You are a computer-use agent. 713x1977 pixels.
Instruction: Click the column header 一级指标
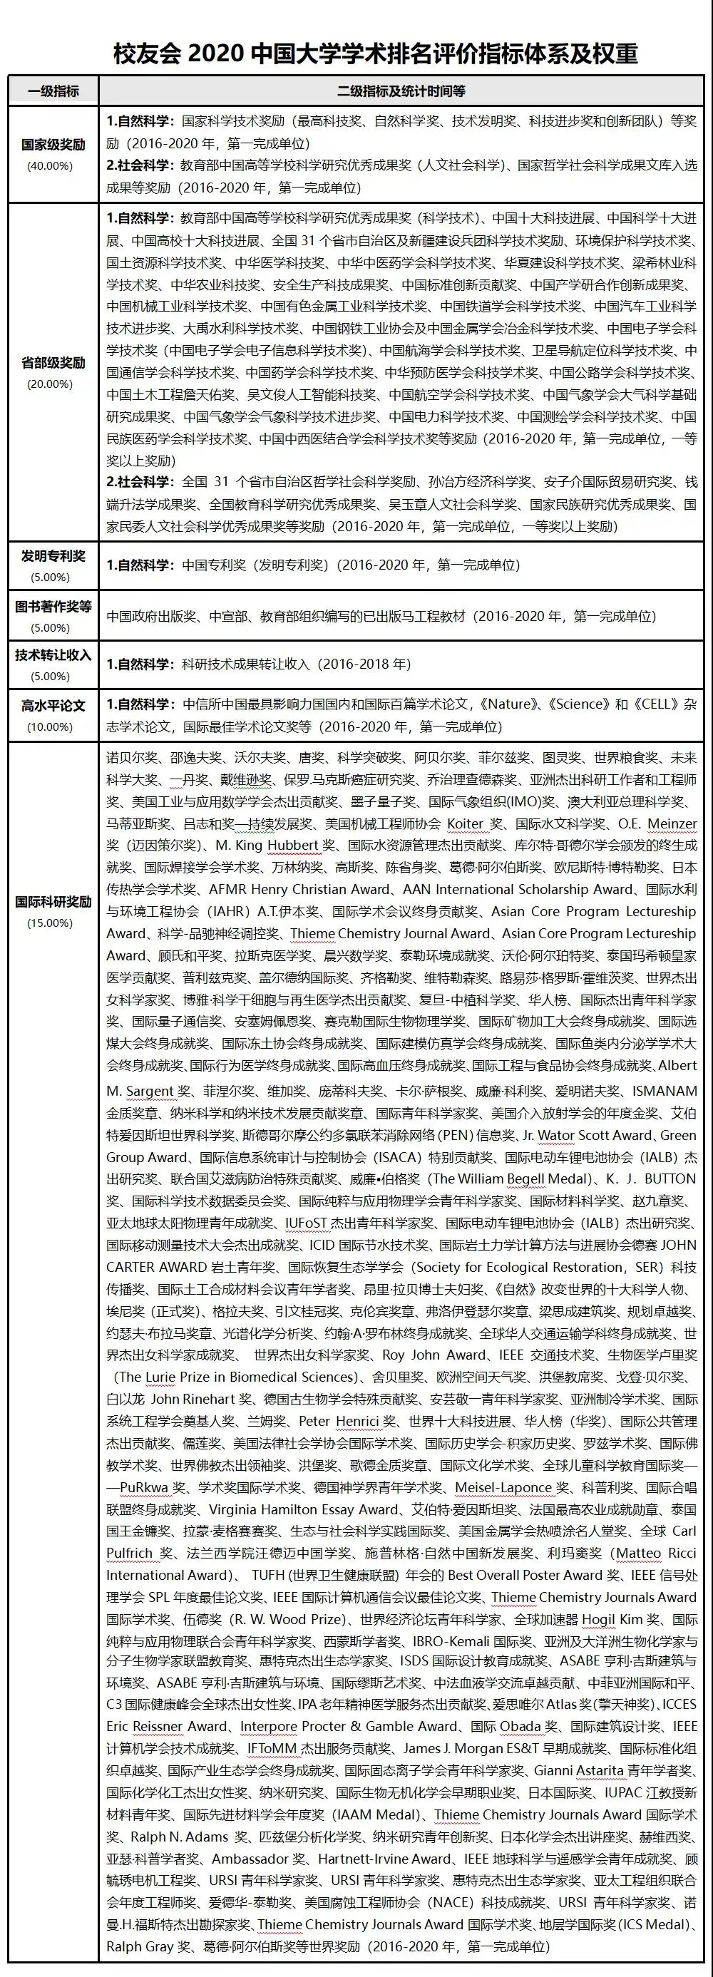[x=53, y=91]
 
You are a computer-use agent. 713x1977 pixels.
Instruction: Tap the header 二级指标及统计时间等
[x=401, y=91]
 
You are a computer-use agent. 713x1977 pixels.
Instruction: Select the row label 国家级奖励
[x=53, y=144]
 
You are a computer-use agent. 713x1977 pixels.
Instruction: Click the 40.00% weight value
[x=51, y=166]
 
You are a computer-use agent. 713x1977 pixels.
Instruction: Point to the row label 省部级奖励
[x=53, y=362]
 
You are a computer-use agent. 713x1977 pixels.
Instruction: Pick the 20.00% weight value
[x=51, y=384]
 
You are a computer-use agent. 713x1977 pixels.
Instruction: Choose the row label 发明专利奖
[x=53, y=556]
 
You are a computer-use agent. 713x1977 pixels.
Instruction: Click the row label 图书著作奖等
[x=53, y=607]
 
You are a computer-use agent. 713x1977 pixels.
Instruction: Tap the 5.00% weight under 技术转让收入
[x=51, y=676]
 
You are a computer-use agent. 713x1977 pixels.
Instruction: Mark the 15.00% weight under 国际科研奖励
[x=51, y=923]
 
